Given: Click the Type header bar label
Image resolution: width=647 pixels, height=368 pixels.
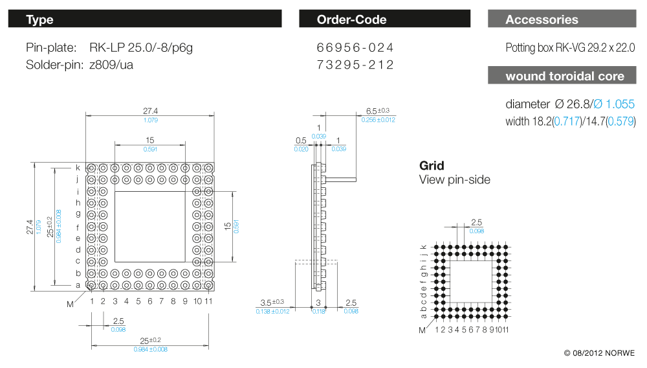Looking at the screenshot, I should click(x=39, y=19).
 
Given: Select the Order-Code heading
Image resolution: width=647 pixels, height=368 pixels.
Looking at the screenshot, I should click(x=351, y=19).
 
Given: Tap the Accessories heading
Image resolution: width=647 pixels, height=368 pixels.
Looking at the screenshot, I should click(x=542, y=19).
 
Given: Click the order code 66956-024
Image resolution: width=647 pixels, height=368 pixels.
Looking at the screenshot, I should click(x=355, y=48).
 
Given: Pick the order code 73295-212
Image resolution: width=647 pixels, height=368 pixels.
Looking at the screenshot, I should click(x=355, y=65).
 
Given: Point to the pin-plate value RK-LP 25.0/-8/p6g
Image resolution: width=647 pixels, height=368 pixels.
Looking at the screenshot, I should click(x=141, y=48).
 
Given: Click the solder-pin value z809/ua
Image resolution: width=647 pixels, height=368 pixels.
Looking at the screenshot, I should click(x=111, y=65).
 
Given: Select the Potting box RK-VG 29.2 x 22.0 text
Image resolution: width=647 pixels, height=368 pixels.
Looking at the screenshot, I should click(x=570, y=48).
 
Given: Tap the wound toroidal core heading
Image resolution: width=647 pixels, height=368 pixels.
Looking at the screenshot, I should click(x=565, y=76).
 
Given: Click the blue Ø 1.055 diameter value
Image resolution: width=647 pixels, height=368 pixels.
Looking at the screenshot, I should click(x=614, y=104).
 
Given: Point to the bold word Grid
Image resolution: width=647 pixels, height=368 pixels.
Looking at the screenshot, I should click(x=432, y=165).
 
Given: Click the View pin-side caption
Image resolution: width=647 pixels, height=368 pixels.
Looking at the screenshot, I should click(x=455, y=179).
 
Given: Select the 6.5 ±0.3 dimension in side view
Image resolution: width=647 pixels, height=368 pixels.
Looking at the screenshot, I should click(x=378, y=111).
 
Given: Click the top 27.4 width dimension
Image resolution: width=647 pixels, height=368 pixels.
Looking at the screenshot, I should click(x=150, y=111).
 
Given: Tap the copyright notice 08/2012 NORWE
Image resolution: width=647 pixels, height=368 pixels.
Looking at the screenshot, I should click(x=599, y=353).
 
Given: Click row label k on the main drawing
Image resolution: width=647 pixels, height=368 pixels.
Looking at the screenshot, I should click(x=78, y=167).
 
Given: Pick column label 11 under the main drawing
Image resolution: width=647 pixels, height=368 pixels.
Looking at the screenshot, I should click(x=209, y=301).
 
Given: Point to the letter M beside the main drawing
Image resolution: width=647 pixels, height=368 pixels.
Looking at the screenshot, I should click(x=70, y=303).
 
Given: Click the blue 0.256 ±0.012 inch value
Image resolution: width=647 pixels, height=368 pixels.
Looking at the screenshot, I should click(x=378, y=120).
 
